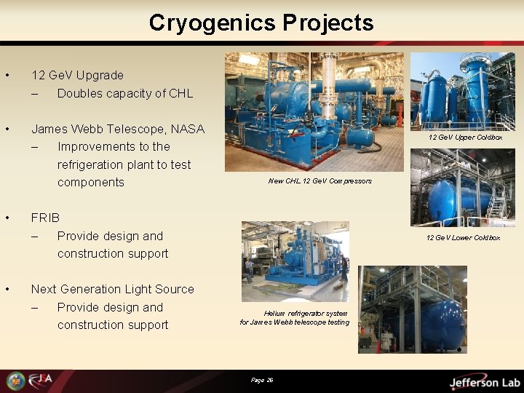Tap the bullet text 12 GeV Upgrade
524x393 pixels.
pos(77,75)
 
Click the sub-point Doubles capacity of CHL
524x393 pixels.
pos(124,93)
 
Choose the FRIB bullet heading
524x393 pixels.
pos(45,218)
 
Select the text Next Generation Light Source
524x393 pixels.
pos(112,289)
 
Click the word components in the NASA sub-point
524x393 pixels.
pos(91,182)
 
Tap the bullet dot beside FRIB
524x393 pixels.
pos(7,218)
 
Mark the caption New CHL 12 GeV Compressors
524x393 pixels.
pos(319,181)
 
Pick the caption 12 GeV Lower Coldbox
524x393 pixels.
pos(463,237)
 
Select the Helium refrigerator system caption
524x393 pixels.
pos(295,318)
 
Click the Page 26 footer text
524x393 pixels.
pos(261,380)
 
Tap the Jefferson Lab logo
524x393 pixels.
pos(483,381)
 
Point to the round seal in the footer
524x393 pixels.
pos(15,381)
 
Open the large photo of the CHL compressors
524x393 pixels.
pos(314,111)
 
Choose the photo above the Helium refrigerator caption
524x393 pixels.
pos(295,261)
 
